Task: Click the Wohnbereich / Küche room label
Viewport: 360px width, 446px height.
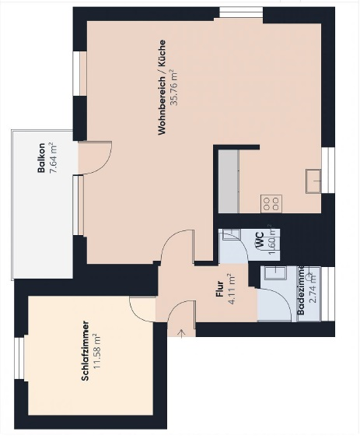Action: (162, 87)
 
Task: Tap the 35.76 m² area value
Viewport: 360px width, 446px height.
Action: (173, 87)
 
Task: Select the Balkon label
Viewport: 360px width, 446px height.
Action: (41, 157)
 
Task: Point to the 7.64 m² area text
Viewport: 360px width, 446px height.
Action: (53, 157)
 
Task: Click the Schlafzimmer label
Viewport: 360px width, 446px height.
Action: (86, 351)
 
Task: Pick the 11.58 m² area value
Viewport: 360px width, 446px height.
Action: (97, 351)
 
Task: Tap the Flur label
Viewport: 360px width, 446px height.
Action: (220, 289)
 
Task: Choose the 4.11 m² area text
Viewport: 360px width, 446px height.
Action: (232, 289)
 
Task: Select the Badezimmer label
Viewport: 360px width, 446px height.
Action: (301, 290)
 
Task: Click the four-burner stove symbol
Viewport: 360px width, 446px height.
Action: (271, 204)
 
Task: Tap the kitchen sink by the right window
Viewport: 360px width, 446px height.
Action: (313, 181)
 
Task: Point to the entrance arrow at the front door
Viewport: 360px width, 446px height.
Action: (182, 333)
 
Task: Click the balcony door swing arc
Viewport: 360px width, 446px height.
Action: (104, 164)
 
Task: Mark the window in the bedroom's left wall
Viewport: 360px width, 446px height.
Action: (19, 358)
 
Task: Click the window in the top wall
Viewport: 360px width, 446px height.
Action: (241, 13)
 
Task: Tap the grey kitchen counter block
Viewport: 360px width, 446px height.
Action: (229, 181)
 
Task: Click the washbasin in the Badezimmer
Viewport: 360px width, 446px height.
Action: (275, 274)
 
